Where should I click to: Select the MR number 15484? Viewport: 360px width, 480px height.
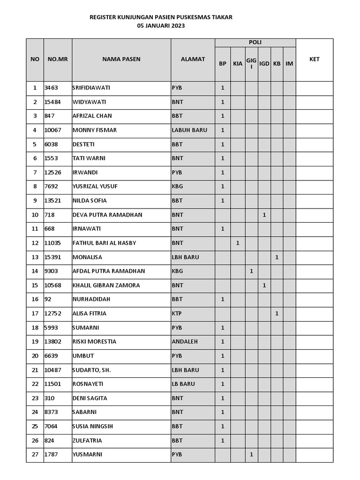[x=52, y=102]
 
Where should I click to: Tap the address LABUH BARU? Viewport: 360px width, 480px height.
[x=189, y=130]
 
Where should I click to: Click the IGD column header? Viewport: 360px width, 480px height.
[x=264, y=64]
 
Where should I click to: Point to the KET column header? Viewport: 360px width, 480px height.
[x=315, y=60]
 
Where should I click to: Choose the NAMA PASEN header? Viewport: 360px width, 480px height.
[x=121, y=60]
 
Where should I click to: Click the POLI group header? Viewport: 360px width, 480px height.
[x=255, y=43]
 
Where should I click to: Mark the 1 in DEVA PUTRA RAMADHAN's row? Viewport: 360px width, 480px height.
[x=264, y=215]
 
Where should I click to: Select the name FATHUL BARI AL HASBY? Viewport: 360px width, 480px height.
[x=104, y=243]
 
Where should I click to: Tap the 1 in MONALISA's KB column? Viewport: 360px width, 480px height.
[x=277, y=257]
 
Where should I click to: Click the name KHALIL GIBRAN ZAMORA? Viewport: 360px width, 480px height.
[x=106, y=285]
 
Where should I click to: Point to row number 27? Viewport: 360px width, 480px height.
[x=35, y=454]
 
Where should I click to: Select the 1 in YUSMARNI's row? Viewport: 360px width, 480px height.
[x=252, y=454]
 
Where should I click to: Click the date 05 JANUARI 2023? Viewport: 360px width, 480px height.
[x=161, y=26]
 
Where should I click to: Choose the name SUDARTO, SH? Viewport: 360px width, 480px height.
[x=91, y=370]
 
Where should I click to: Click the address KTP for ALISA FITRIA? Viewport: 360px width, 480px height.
[x=177, y=313]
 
